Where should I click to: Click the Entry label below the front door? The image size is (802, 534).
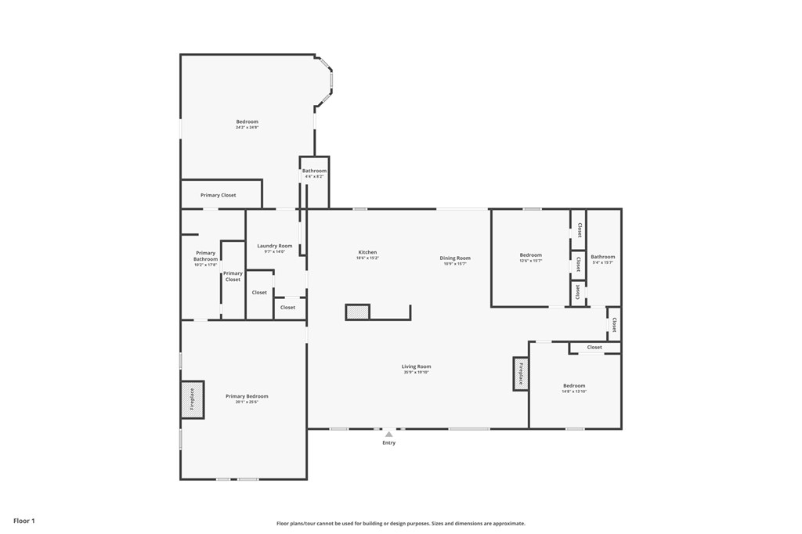point(388,443)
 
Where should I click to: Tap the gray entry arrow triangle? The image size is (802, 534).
point(388,434)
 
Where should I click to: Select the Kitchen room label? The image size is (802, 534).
point(367,252)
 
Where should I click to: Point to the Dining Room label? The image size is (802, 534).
point(455,258)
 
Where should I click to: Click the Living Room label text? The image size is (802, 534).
point(416,366)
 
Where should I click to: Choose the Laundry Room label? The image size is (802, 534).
point(274,246)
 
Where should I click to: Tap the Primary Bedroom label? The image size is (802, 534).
point(247,396)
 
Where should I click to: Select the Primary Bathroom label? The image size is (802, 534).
point(205,256)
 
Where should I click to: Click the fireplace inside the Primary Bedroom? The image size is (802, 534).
point(193,399)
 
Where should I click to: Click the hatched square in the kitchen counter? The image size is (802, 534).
point(357,312)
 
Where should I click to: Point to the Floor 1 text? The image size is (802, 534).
point(24,521)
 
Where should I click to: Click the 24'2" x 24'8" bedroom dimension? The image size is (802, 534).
point(247,128)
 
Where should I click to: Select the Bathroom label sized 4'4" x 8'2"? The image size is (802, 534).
point(314,171)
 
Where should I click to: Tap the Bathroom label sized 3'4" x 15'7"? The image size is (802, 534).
point(602,257)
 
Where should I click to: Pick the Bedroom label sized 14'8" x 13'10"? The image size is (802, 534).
point(573,385)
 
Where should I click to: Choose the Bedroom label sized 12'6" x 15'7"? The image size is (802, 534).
point(530,255)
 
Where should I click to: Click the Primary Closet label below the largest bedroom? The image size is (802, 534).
point(218,195)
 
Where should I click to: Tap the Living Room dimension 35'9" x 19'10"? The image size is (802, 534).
point(416,373)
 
